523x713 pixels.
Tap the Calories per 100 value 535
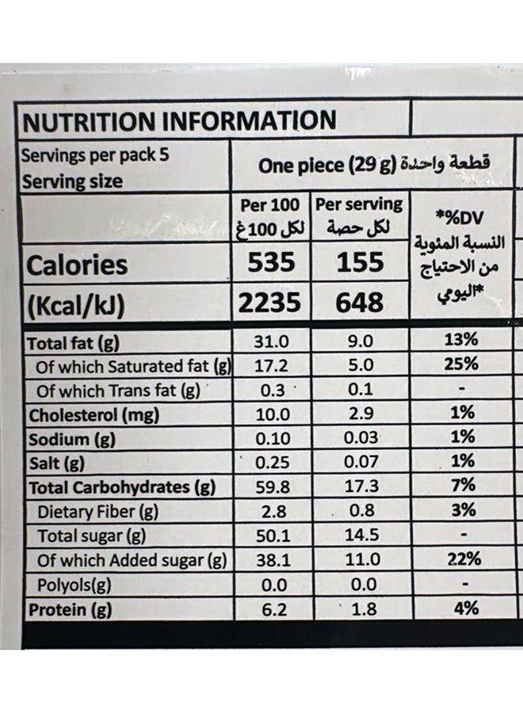click(271, 262)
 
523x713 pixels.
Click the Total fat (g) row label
click(73, 343)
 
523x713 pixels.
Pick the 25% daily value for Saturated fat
click(460, 364)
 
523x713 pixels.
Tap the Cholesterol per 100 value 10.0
click(270, 413)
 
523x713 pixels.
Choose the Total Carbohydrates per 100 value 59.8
click(270, 486)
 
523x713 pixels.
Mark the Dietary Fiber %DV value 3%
click(460, 511)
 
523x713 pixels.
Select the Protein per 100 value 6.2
click(270, 609)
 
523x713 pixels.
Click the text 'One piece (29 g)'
click(327, 166)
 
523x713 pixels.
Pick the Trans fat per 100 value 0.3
click(270, 389)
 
